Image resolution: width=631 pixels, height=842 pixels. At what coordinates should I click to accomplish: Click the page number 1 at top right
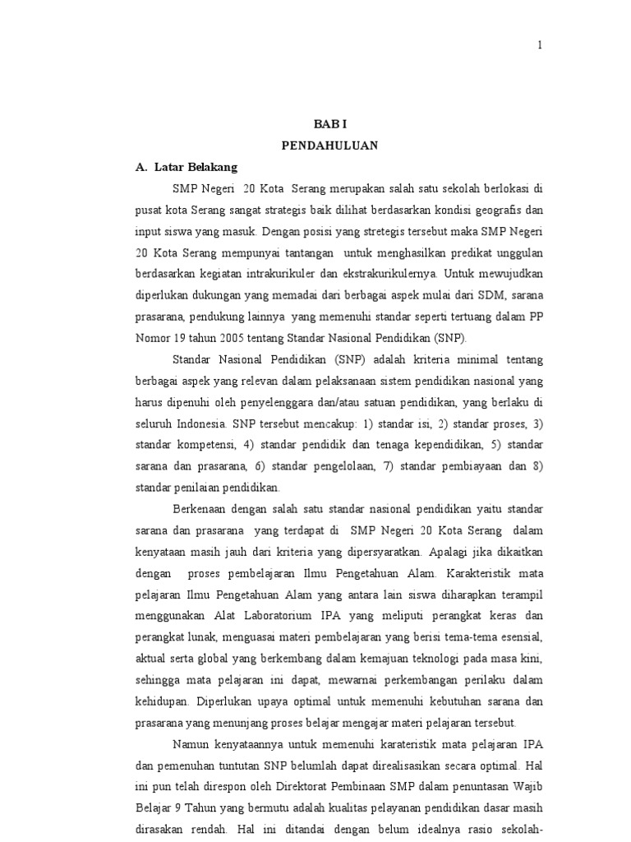coord(540,45)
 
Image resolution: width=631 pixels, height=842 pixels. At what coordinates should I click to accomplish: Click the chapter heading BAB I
coord(329,124)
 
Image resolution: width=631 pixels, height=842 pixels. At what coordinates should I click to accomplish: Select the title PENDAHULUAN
coord(329,146)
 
